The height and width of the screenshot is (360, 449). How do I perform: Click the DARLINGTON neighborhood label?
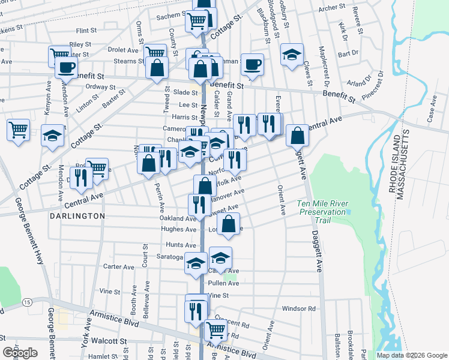[77, 215]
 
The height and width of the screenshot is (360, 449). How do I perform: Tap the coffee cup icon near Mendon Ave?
[66, 67]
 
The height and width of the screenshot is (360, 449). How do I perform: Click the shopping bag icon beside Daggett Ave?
[297, 136]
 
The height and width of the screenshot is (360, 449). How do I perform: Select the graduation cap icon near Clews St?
[292, 55]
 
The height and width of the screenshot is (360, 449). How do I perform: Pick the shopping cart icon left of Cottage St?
[19, 130]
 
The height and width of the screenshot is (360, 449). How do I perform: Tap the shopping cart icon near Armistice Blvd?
[215, 329]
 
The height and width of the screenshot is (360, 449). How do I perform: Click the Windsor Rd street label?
[298, 309]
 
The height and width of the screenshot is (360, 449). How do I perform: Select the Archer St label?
[332, 8]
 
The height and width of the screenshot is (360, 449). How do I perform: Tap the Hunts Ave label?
[181, 245]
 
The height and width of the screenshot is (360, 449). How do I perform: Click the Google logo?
[20, 353]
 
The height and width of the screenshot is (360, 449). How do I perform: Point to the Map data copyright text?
[411, 355]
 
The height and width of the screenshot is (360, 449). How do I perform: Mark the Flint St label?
[86, 30]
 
